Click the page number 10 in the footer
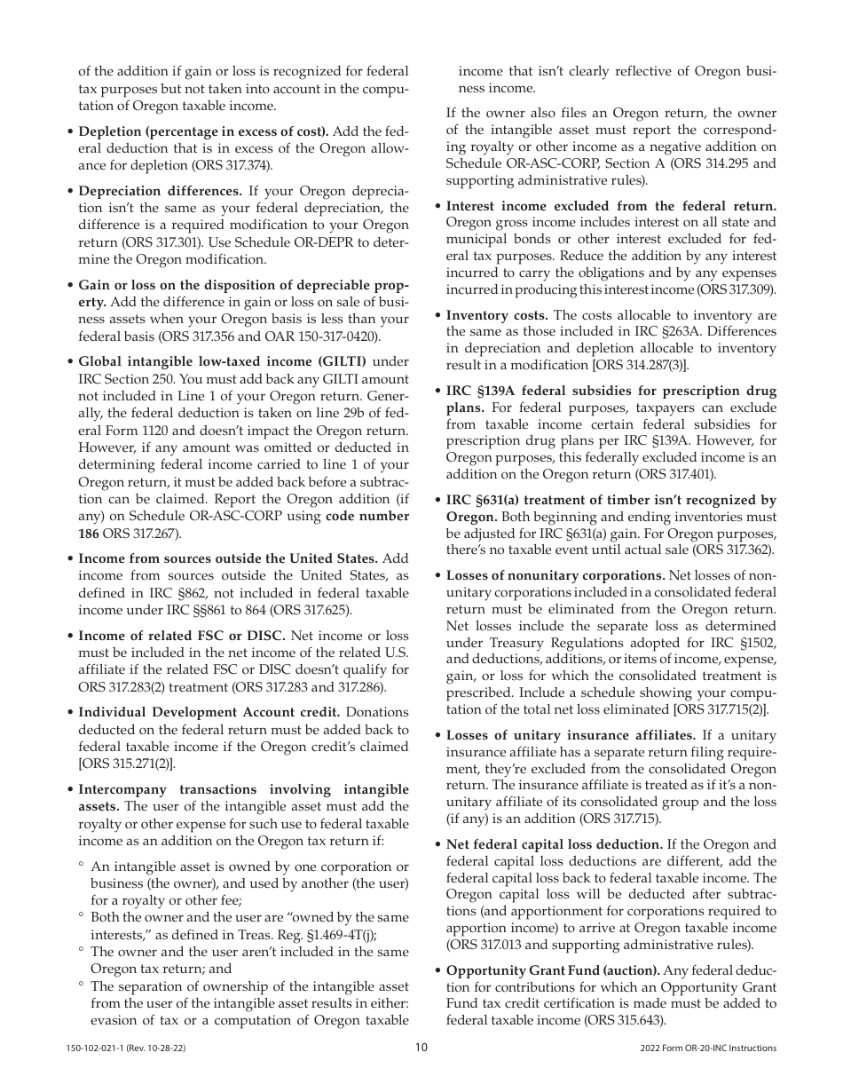click(x=421, y=1048)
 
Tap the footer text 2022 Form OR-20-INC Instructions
click(x=707, y=1048)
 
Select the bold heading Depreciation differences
click(x=161, y=191)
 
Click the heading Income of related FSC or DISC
click(x=182, y=636)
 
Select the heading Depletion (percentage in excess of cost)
click(x=203, y=131)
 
